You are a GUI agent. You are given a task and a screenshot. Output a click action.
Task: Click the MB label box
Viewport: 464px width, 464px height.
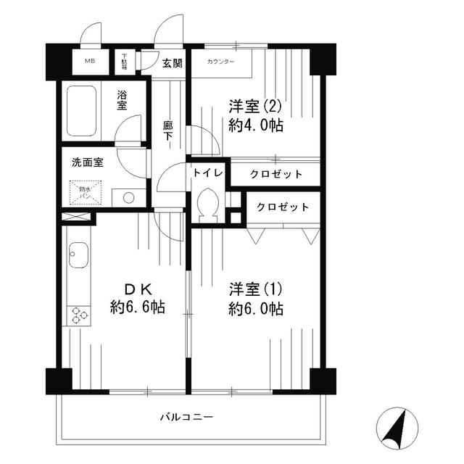coord(91,61)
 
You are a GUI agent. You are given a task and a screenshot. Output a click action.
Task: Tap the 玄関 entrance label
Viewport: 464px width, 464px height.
coord(172,62)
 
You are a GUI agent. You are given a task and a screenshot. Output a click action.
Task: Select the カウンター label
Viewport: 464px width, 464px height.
coord(221,62)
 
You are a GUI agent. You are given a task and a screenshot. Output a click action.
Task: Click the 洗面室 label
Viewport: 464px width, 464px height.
coord(87,162)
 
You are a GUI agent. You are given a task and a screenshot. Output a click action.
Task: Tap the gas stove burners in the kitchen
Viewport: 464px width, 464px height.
coord(77,315)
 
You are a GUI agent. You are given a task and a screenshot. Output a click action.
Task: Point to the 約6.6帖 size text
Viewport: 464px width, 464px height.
coord(138,307)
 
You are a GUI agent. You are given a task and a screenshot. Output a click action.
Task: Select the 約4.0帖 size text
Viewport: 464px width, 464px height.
coord(255,125)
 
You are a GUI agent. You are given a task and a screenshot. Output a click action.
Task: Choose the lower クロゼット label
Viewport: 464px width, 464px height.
coord(283,207)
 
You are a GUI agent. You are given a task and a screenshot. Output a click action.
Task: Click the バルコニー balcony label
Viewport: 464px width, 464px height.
coord(186,418)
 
